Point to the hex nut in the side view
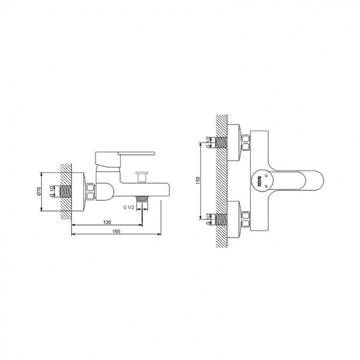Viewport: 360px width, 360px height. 90,190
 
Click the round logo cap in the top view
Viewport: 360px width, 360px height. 261,179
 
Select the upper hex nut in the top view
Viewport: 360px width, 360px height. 246,144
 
